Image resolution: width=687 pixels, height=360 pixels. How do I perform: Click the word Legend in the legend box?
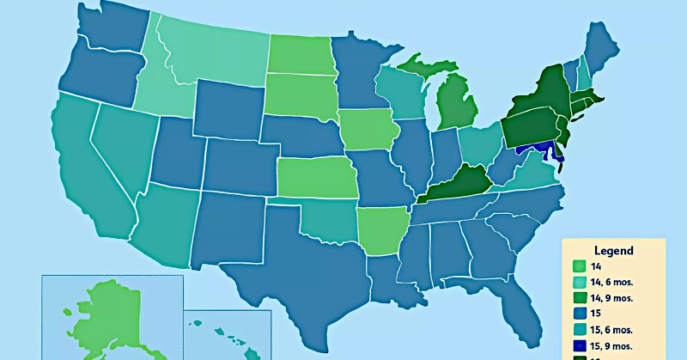[612, 251]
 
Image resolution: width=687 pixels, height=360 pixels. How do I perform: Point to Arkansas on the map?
[380, 229]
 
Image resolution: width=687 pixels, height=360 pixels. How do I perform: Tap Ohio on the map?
[477, 145]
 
